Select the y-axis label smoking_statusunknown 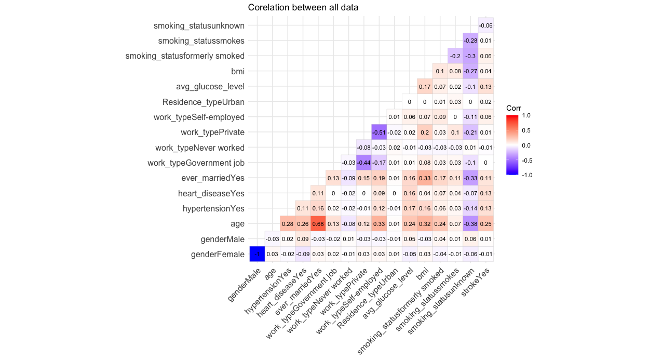pos(199,25)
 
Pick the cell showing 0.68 pos(318,224)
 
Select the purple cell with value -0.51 pos(379,132)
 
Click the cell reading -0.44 pos(363,163)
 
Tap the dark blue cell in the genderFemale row pos(256,255)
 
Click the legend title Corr pos(514,108)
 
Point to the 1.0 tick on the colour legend pos(527,116)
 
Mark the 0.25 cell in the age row pos(485,224)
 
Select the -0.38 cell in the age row pos(470,224)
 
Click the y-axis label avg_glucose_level pos(210,86)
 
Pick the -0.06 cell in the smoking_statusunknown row pos(485,25)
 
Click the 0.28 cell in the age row pos(287,224)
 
